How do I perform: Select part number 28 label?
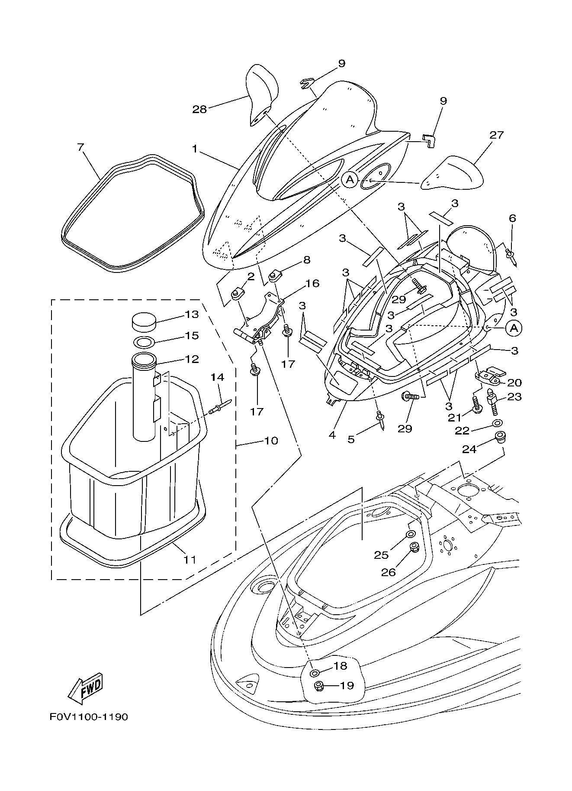point(199,109)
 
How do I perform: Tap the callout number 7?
point(80,147)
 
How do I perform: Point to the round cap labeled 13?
point(145,322)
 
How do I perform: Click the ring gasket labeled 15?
point(144,342)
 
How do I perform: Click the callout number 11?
point(190,560)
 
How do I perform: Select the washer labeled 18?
point(315,672)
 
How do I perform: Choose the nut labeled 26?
point(414,547)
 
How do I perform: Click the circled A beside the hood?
point(350,179)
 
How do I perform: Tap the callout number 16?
point(312,284)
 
